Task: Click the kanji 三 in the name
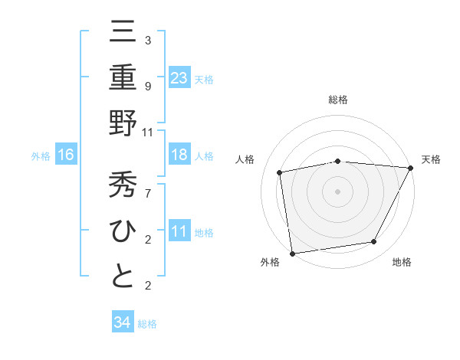tap(123, 32)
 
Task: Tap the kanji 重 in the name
tap(123, 77)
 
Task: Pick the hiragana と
tap(123, 276)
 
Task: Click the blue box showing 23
tap(179, 77)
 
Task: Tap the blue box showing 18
tap(179, 155)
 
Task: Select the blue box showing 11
tap(179, 231)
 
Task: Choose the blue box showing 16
tap(66, 155)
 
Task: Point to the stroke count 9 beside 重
tap(147, 86)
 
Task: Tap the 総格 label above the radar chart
tap(338, 100)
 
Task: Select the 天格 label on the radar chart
tap(432, 159)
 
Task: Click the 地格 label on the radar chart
tap(402, 263)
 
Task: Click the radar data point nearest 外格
tap(292, 253)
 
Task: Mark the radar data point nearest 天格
tap(410, 168)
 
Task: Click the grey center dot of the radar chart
tap(338, 191)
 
